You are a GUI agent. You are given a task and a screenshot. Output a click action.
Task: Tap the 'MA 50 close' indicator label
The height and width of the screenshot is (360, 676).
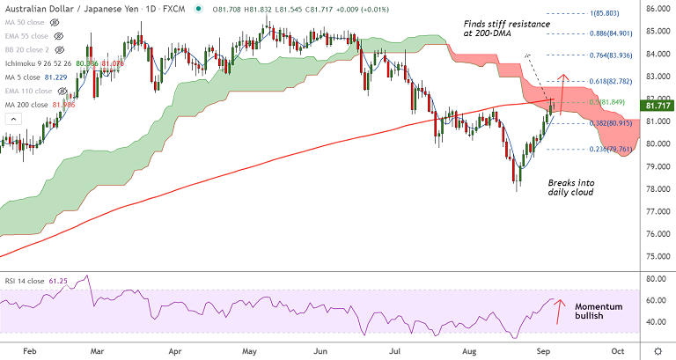click(26, 23)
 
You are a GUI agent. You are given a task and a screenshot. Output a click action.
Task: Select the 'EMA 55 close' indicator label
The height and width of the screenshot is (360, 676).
click(27, 36)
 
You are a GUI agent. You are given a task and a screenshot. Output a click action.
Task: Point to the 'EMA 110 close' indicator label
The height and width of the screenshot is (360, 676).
click(29, 91)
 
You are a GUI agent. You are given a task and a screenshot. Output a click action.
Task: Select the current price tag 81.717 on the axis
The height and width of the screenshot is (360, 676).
click(656, 105)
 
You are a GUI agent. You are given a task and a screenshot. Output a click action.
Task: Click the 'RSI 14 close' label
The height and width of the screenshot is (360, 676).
click(31, 280)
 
